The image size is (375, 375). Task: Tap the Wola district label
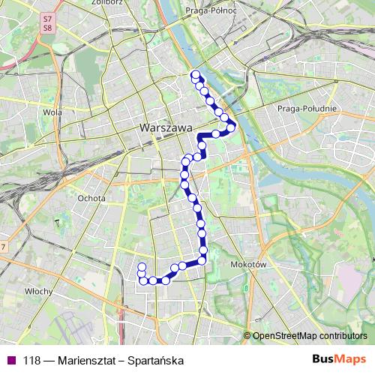[x=52, y=113]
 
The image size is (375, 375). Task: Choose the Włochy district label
[x=37, y=291]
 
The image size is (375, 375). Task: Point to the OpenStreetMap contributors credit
[x=310, y=336]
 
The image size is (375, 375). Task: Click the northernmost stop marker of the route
[x=195, y=74]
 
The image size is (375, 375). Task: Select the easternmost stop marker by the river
[x=232, y=127]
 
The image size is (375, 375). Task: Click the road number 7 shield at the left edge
[x=3, y=247]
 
